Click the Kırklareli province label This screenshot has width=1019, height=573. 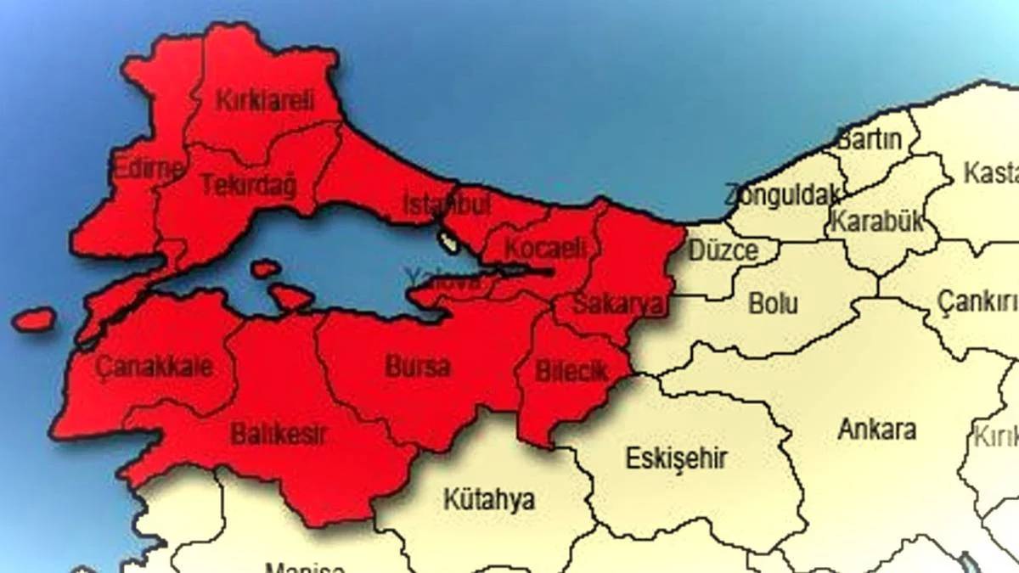pos(265,100)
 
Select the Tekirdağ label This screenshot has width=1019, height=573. pos(248,185)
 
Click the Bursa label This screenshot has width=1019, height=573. pos(418,368)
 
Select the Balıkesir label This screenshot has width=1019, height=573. pos(279,435)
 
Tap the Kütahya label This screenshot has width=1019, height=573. pos(489,500)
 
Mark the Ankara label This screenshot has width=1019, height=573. pos(877,429)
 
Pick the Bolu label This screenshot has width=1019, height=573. pos(774,303)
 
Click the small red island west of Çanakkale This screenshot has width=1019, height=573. pos(34,320)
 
